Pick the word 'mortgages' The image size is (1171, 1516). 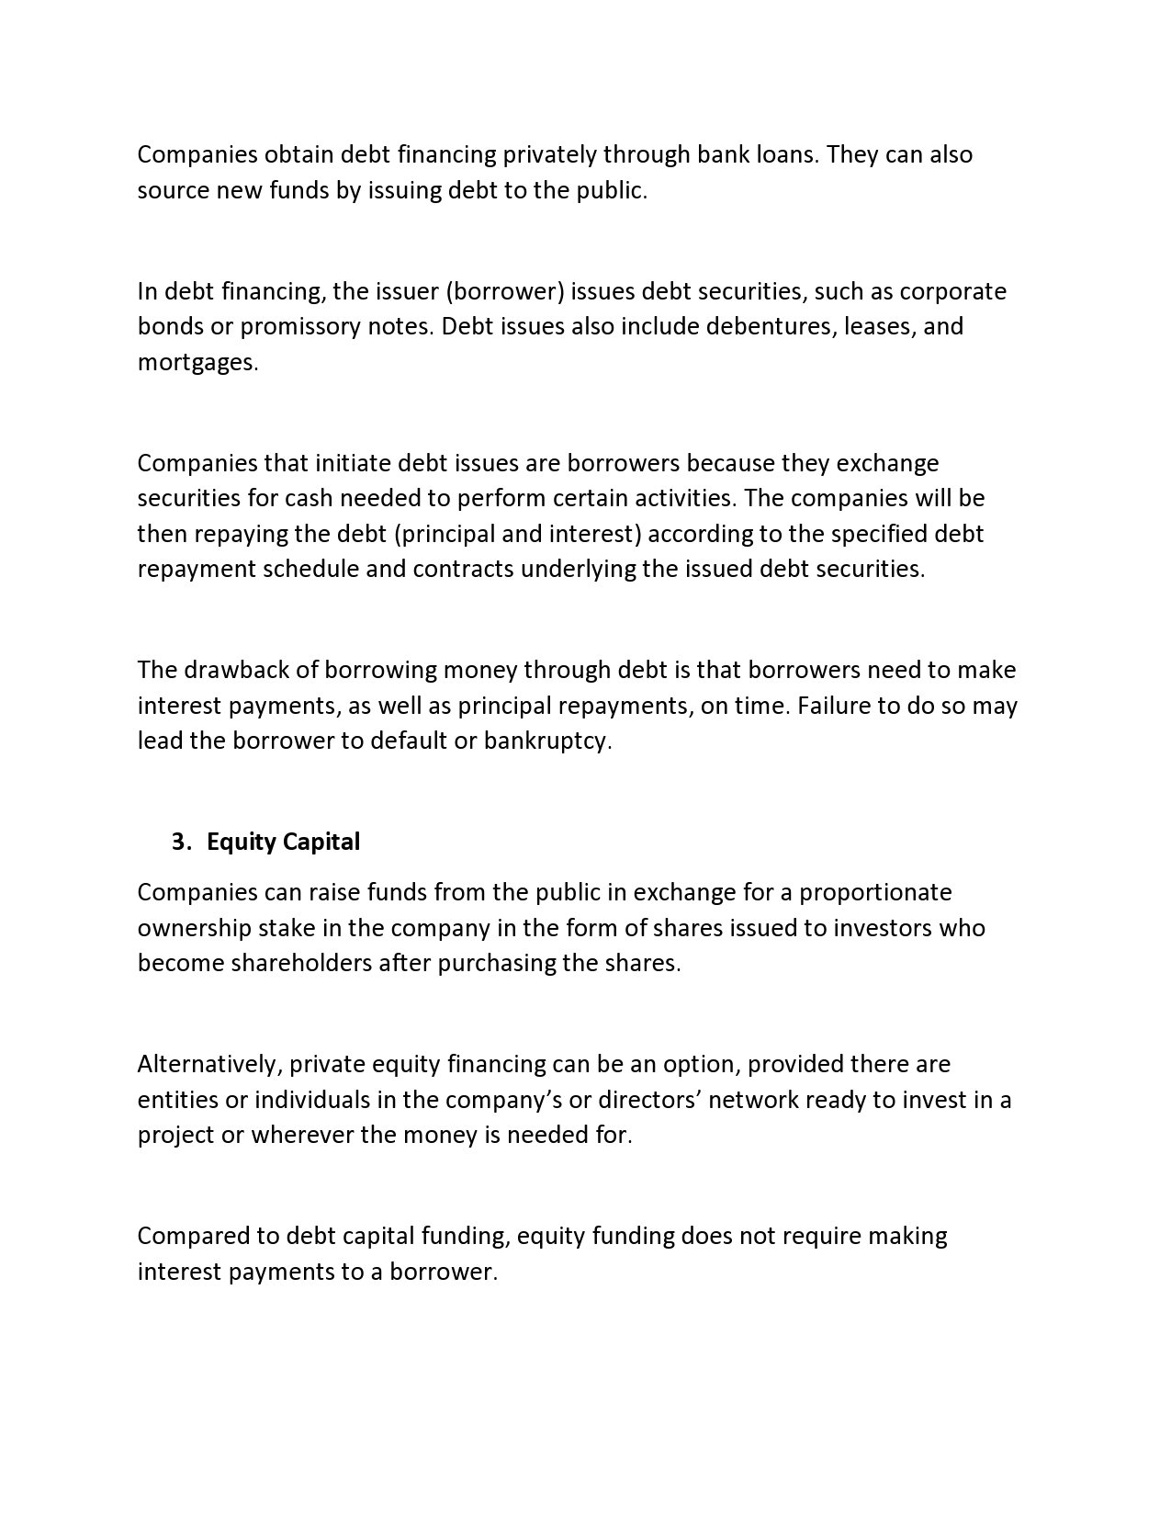pyautogui.click(x=197, y=362)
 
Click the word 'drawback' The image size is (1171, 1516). pyautogui.click(x=224, y=670)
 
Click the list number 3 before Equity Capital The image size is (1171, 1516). pyautogui.click(x=180, y=842)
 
